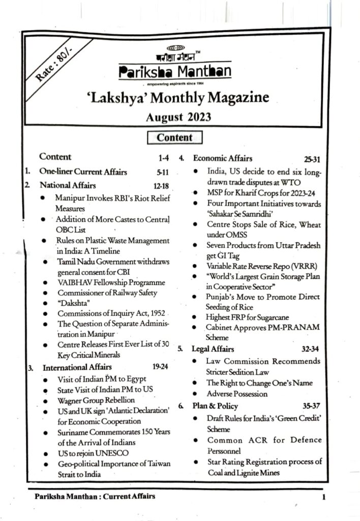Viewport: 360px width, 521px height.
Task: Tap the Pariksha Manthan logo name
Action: (x=174, y=72)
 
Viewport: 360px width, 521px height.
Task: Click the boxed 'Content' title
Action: (x=174, y=137)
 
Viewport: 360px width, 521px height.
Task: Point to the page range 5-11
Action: (x=160, y=171)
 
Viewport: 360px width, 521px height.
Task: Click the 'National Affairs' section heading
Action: (x=68, y=185)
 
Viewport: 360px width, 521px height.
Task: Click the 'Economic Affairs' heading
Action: (x=222, y=158)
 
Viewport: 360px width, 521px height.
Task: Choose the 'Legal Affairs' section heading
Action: (x=213, y=349)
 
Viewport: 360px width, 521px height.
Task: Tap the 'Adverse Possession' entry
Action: (x=237, y=394)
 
